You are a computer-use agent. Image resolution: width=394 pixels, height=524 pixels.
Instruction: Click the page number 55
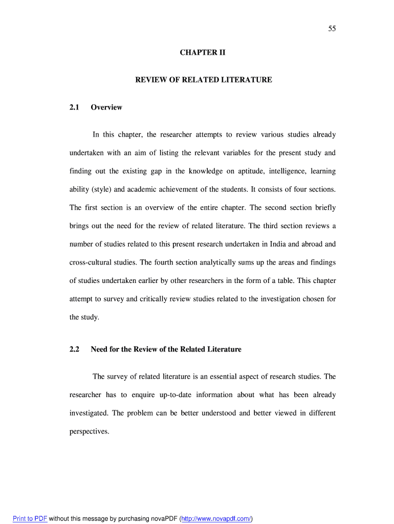pyautogui.click(x=332, y=29)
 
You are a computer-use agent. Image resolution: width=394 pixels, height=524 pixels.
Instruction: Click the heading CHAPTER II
pyautogui.click(x=203, y=53)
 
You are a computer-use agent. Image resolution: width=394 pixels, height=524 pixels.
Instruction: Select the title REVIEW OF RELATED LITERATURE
pyautogui.click(x=203, y=80)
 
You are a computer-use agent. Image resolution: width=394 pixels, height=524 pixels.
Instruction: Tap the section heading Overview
pyautogui.click(x=106, y=107)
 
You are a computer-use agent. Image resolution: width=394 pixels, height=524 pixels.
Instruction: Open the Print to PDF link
pyautogui.click(x=30, y=519)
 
